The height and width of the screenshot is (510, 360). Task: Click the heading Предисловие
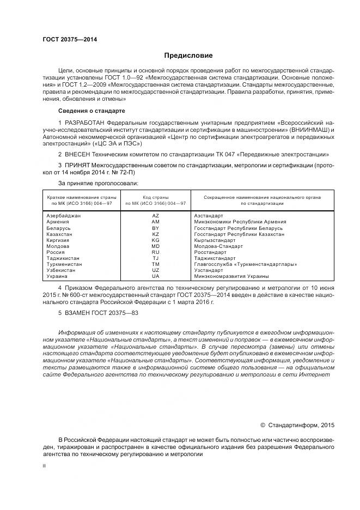click(188, 56)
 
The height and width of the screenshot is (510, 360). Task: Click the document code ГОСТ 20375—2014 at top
click(66, 40)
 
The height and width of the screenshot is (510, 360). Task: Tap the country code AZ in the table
click(155, 216)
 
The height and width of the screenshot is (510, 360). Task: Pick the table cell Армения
click(58, 222)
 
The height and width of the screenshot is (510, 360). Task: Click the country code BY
click(155, 228)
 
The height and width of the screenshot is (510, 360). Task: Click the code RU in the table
click(155, 252)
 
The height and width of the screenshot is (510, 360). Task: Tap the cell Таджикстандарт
click(215, 258)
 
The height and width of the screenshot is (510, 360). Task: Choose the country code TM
click(155, 264)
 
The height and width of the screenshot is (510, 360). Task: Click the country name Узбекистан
click(62, 270)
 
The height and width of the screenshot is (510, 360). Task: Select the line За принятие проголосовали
click(98, 183)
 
